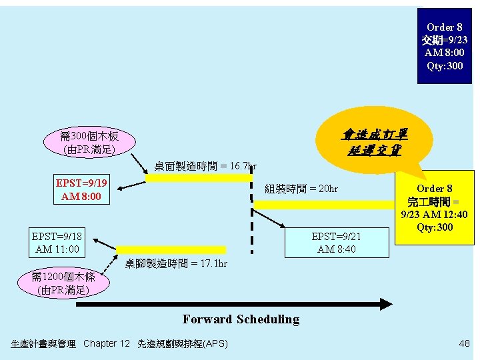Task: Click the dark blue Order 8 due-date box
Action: [444, 45]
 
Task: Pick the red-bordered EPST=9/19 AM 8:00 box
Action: [82, 190]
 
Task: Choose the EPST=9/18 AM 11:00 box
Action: [56, 243]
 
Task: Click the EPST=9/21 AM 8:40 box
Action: [336, 243]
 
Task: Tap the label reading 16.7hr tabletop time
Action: [205, 166]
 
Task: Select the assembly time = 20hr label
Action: [301, 189]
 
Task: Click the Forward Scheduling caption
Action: [241, 319]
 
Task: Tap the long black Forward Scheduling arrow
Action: [233, 304]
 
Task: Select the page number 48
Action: [464, 343]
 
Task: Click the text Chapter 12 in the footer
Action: [107, 343]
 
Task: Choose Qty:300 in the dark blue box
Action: [444, 65]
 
